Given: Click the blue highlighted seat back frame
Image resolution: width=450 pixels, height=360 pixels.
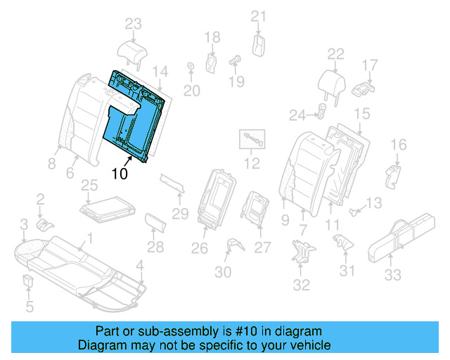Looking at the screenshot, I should (137, 116).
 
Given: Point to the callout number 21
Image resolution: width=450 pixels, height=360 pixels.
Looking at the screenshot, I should (259, 16).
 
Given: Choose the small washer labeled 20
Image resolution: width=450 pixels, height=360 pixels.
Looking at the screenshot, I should (191, 68).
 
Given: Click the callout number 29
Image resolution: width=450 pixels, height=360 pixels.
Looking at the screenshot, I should (181, 213).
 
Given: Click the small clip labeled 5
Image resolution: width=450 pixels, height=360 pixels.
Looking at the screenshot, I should (29, 283).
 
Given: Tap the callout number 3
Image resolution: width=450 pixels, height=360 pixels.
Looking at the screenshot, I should (23, 224).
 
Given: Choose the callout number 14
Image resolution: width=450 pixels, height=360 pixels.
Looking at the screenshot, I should (161, 71).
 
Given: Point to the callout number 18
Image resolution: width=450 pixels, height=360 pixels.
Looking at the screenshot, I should (212, 37).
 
